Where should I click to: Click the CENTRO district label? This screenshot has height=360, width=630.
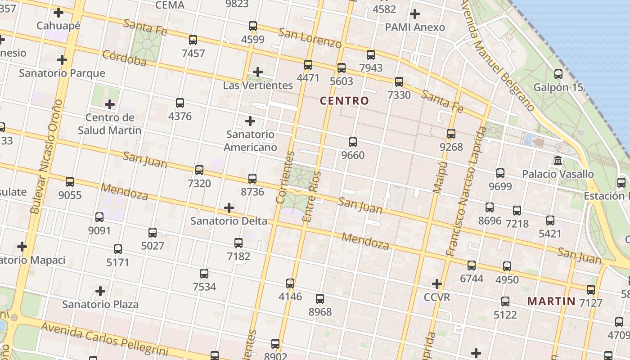pyautogui.click(x=344, y=101)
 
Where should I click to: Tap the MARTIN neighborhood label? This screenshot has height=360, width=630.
pyautogui.click(x=551, y=301)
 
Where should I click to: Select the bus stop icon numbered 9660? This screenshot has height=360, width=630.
pyautogui.click(x=353, y=142)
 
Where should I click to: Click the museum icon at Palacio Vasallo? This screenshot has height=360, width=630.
pyautogui.click(x=558, y=160)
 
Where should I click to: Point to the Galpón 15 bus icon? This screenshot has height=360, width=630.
pyautogui.click(x=558, y=74)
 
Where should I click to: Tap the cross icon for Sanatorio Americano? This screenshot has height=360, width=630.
pyautogui.click(x=250, y=121)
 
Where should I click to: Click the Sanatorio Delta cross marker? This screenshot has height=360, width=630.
pyautogui.click(x=229, y=208)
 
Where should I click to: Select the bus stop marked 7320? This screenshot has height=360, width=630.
pyautogui.click(x=199, y=170)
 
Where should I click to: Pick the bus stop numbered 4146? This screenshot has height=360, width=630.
pyautogui.click(x=290, y=283)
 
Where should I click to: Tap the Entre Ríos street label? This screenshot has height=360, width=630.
pyautogui.click(x=313, y=197)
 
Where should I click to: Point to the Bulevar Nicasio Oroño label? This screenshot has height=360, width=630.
pyautogui.click(x=45, y=157)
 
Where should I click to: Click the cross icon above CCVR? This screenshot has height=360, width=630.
pyautogui.click(x=436, y=284)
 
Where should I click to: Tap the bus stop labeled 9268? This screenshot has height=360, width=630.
pyautogui.click(x=451, y=134)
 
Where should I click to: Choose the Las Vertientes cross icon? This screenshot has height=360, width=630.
pyautogui.click(x=258, y=72)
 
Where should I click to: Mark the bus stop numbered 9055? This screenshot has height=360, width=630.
pyautogui.click(x=70, y=182)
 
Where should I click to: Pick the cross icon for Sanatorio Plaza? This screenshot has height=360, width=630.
pyautogui.click(x=100, y=291)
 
